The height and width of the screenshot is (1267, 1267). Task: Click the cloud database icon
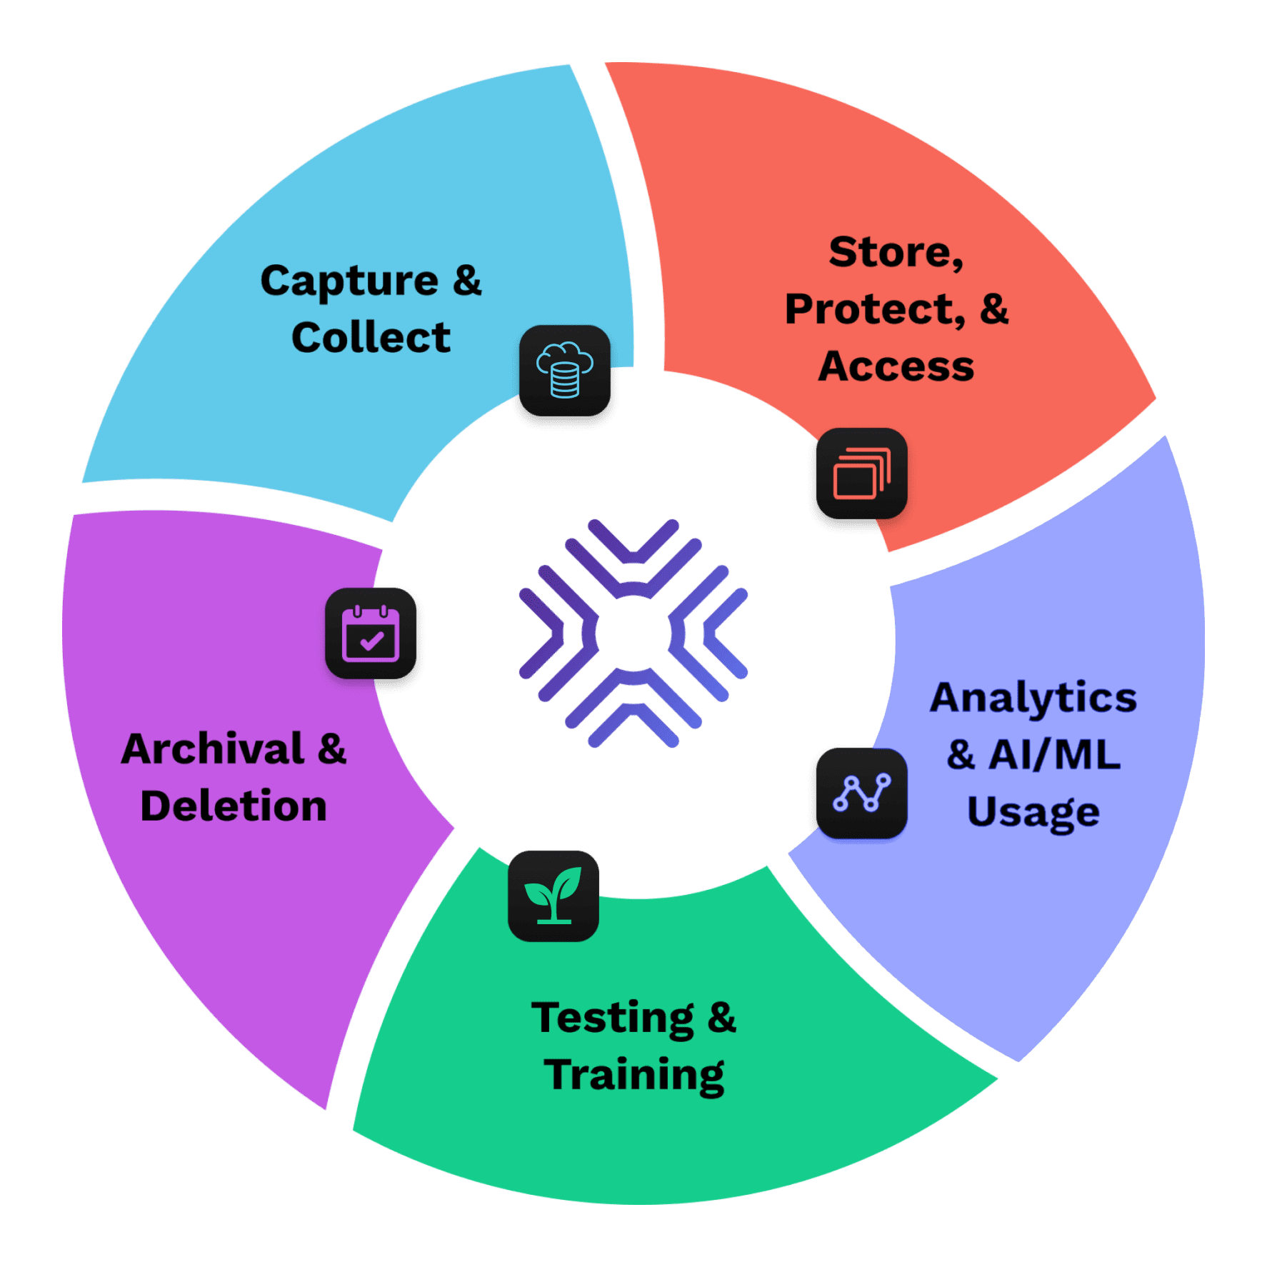coord(565,371)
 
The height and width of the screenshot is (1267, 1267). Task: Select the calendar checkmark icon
coord(371,633)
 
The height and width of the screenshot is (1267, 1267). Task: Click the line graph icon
coord(862,793)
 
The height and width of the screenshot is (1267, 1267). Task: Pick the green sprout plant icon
coord(554,896)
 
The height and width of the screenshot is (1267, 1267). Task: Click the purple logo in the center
coord(633,633)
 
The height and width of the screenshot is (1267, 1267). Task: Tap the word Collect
coord(371,338)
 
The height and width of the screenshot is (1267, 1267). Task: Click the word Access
coord(896,367)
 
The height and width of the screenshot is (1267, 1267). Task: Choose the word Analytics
coord(1033,698)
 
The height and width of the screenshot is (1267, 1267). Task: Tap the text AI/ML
coord(1054,755)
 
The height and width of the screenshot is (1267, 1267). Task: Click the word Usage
coord(1033,813)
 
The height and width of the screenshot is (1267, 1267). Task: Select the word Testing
coord(612,1019)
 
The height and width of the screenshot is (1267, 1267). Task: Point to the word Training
coord(633,1076)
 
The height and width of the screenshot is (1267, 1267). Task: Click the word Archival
coord(213,750)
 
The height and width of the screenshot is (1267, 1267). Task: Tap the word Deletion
coord(234,807)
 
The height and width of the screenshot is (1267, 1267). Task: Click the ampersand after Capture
coord(467,281)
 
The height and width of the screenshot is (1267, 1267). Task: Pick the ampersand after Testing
coord(721,1018)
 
